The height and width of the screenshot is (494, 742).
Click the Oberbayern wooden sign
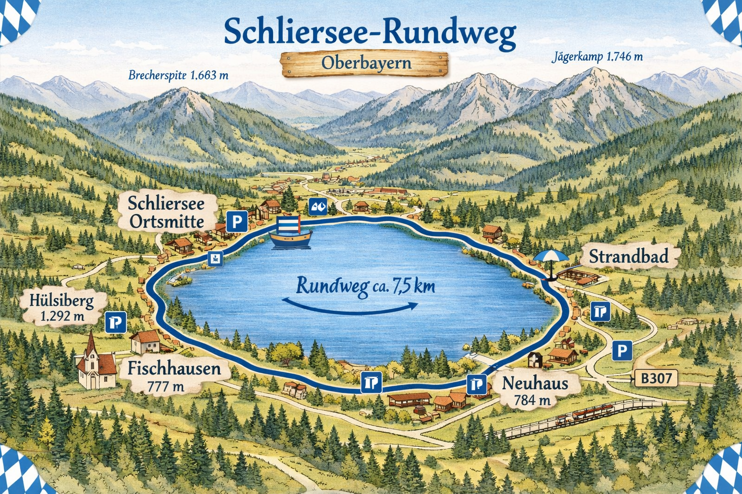tap(365, 64)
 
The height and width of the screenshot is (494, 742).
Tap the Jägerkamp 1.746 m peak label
tap(597, 57)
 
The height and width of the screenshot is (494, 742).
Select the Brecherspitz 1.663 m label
tap(178, 75)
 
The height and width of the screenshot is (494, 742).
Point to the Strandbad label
tap(628, 256)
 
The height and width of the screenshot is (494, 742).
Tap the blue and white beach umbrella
tap(551, 259)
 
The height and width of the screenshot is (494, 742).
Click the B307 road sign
tap(656, 378)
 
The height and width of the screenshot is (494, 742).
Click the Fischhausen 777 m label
tap(174, 376)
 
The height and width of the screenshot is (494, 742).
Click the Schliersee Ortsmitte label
tap(167, 212)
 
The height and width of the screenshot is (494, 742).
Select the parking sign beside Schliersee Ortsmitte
tap(237, 221)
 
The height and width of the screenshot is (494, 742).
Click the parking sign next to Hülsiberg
tap(116, 322)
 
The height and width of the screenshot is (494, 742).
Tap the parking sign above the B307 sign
tap(622, 350)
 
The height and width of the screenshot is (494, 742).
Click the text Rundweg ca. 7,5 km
tap(365, 286)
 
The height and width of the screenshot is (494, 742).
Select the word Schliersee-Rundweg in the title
tap(370, 32)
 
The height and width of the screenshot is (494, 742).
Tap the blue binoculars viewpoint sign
tap(318, 207)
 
